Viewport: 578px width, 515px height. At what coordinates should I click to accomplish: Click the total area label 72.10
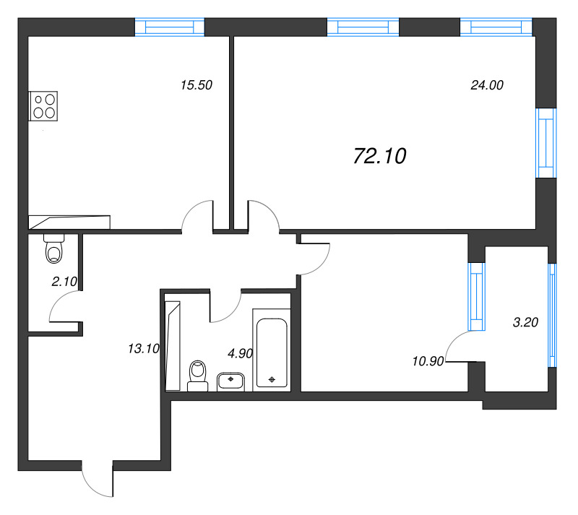[380, 156]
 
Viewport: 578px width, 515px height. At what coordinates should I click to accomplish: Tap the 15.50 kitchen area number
[197, 85]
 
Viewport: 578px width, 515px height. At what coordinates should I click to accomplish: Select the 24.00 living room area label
[487, 85]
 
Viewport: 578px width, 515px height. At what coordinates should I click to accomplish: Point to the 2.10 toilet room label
[64, 282]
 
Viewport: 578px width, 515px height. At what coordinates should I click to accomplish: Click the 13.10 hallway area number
[143, 348]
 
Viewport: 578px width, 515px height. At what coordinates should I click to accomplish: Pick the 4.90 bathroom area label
[241, 353]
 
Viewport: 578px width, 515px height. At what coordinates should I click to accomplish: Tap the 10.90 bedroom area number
[428, 361]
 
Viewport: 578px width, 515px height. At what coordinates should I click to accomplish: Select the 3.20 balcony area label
[526, 322]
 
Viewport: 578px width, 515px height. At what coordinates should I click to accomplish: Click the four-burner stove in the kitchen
[43, 105]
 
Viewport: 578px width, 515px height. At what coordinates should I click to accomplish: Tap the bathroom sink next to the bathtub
[230, 381]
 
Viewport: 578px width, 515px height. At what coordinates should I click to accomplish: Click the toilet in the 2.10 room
[54, 248]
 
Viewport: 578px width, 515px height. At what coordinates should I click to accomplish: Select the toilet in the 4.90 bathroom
[197, 376]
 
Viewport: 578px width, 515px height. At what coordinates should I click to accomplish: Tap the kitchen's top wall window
[170, 27]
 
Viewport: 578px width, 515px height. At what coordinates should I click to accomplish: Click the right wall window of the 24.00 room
[546, 143]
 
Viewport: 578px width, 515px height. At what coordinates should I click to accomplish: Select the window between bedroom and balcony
[476, 296]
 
